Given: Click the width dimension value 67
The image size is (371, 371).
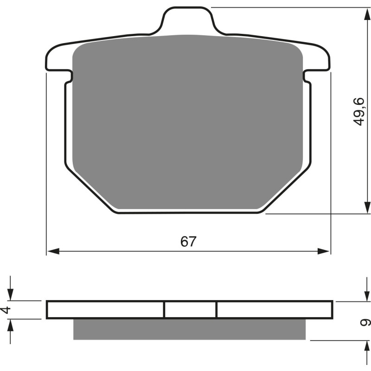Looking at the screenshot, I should (x=188, y=242).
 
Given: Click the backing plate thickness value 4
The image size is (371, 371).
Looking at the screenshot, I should (x=6, y=309).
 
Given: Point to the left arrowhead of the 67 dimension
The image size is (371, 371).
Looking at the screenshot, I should (x=52, y=251).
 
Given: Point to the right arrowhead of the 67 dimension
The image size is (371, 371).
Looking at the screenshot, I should (x=325, y=251).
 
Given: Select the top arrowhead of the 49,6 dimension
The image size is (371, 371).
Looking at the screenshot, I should (x=367, y=13).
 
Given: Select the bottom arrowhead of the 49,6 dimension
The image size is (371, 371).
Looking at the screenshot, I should (x=367, y=208).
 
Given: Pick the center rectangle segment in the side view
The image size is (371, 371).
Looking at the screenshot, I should (x=190, y=309).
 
